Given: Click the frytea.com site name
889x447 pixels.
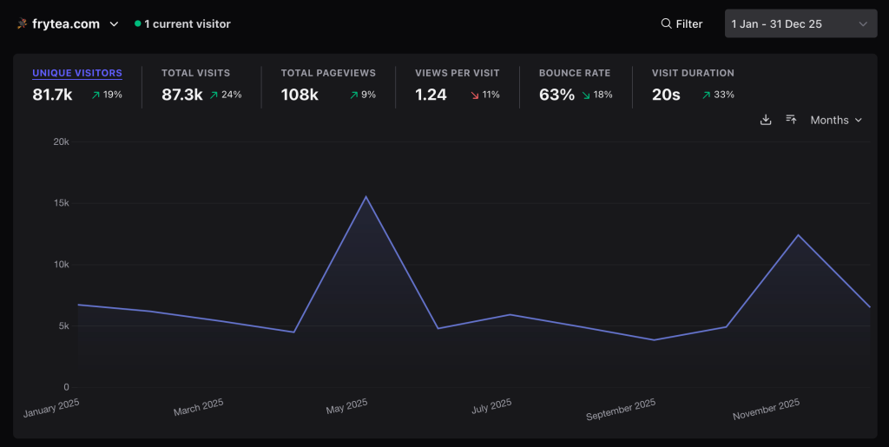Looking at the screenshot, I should click(66, 24).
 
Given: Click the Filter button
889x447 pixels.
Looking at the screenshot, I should click(682, 24).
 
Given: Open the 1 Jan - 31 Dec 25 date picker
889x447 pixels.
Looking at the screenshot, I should click(800, 24).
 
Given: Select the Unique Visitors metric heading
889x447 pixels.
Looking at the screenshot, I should click(77, 73).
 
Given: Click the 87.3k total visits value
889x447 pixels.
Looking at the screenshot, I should click(182, 95).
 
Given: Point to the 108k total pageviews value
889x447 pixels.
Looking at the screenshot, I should click(300, 95).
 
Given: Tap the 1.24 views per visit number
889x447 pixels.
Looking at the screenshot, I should click(431, 95).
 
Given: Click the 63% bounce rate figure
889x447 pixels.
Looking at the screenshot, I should click(556, 95).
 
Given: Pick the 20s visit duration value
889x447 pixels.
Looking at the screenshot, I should click(666, 95).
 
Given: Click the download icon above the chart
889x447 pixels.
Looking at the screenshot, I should click(766, 120).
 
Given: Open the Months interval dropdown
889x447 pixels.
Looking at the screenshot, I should click(836, 120).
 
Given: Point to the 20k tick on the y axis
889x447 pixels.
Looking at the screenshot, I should click(61, 141).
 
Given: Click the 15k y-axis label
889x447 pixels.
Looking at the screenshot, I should click(61, 203).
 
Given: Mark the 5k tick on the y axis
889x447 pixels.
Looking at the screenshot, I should click(63, 326).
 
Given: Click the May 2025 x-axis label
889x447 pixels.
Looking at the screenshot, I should click(347, 406).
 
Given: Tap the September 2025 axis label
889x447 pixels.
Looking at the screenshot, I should click(621, 410).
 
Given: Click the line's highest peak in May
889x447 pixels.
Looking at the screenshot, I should click(366, 197).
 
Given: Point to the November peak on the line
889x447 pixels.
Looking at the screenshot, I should click(798, 235).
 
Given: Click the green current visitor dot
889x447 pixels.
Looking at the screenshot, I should click(138, 24).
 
